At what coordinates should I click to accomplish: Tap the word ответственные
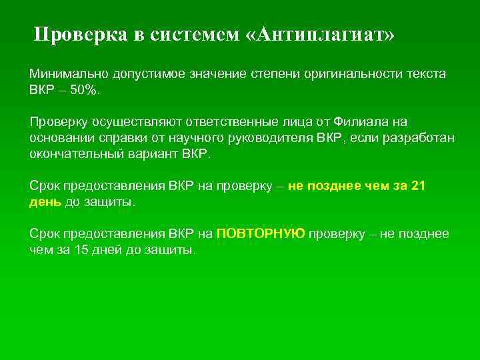(x=252, y=121)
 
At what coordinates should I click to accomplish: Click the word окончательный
(x=72, y=153)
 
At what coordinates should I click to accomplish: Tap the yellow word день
(x=45, y=202)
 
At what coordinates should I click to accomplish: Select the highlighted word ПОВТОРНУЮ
(x=261, y=233)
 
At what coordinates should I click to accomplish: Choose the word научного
(x=178, y=137)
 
